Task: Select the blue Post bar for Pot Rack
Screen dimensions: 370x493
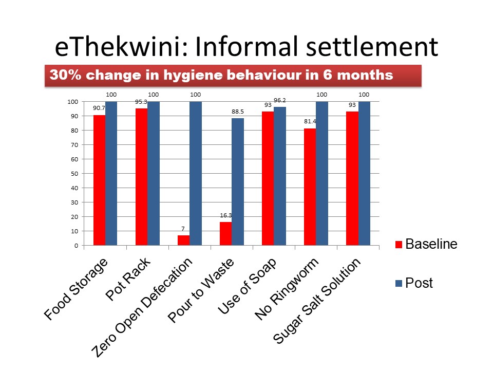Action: pos(154,173)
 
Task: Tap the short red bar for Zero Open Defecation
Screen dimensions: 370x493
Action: pos(183,240)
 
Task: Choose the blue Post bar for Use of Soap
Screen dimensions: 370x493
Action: pos(280,176)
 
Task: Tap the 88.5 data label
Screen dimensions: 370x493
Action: pos(238,112)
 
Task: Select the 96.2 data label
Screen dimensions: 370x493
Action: pos(280,101)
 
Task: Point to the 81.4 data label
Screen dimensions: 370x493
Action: pos(310,122)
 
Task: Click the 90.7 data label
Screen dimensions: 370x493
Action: pos(100,108)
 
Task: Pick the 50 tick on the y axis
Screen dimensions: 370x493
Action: pos(74,174)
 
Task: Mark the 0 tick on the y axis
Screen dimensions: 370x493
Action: pos(76,246)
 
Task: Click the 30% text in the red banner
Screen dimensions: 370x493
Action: pos(61,75)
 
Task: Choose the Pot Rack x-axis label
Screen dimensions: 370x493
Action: pos(129,280)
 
